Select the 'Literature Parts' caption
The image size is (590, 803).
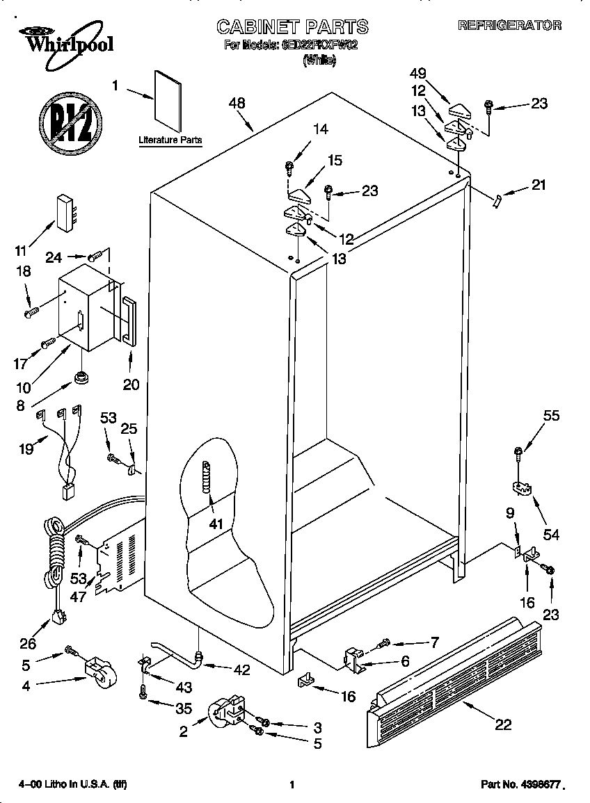[x=170, y=140]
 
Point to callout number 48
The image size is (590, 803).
[x=237, y=103]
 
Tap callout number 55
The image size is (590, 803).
[x=551, y=416]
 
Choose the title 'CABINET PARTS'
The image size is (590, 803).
[x=292, y=27]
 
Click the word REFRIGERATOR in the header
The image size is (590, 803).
[x=510, y=26]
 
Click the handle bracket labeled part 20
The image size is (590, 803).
[x=129, y=319]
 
